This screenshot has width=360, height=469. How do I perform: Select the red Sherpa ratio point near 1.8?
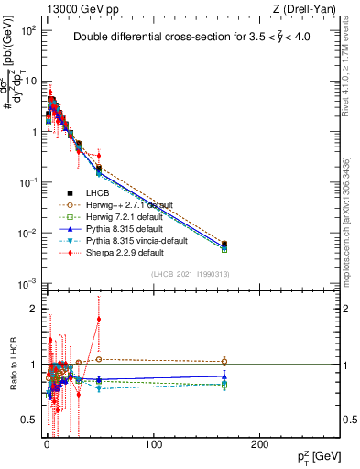99,320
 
